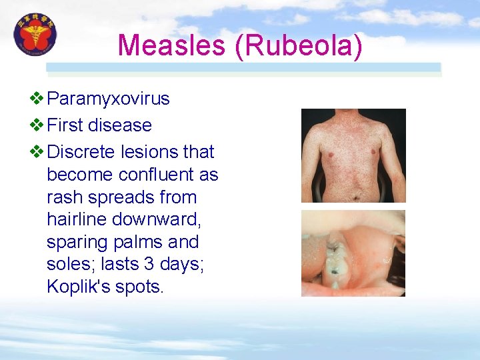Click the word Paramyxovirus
(109, 99)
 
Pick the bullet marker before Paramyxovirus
(37, 99)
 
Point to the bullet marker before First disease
(37, 125)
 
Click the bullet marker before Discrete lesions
(37, 152)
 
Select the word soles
(69, 265)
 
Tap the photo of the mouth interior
(353, 253)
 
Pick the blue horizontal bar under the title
(243, 67)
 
